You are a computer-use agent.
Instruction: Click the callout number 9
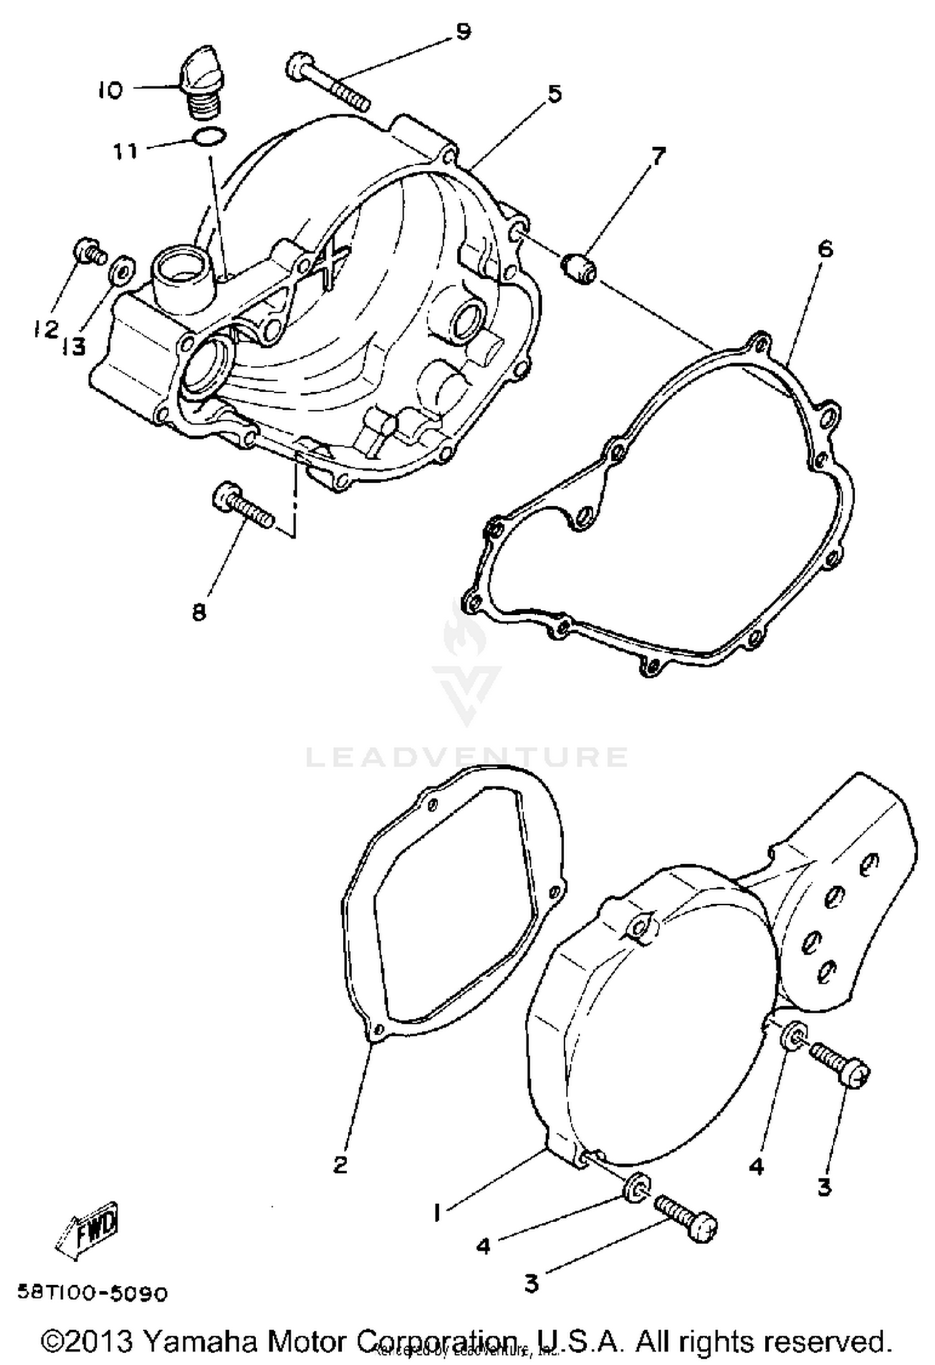point(463,32)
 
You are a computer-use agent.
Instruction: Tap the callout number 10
point(110,91)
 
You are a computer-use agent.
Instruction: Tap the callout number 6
point(824,249)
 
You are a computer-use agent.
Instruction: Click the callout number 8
point(199,612)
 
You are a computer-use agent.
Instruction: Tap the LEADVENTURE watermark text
point(467,757)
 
